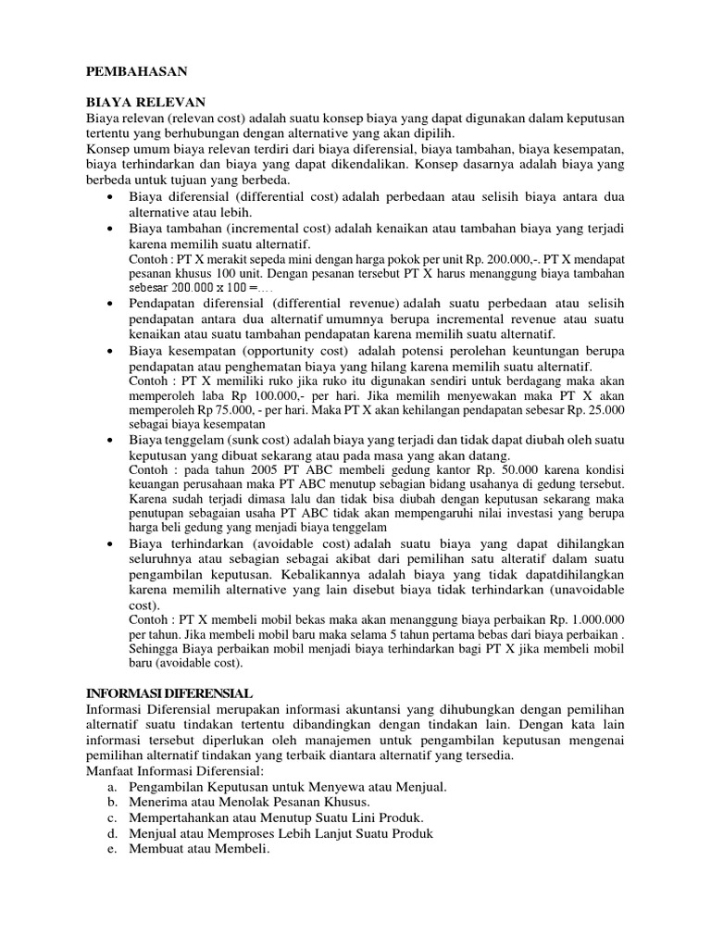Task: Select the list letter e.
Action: (111, 849)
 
